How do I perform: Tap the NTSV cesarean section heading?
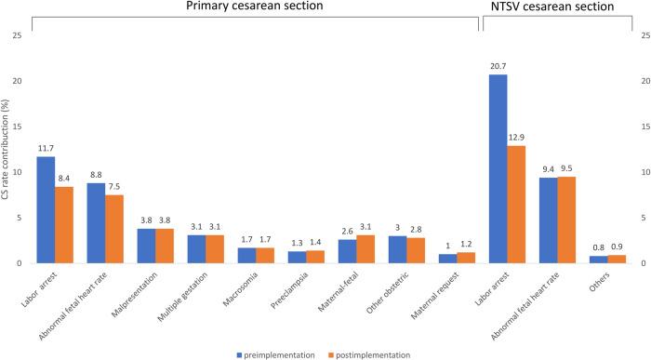(565, 7)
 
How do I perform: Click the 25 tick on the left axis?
(15, 35)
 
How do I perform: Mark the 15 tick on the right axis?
(636, 127)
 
